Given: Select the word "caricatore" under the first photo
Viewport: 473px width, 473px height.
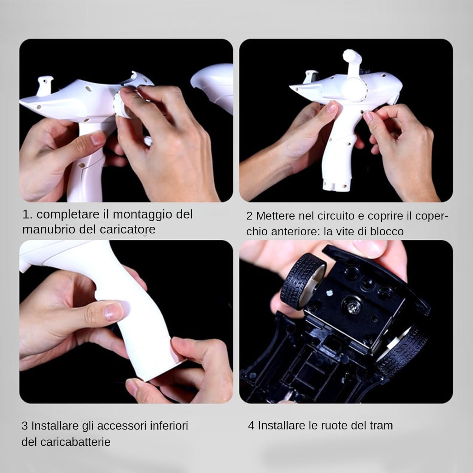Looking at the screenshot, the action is tap(128, 229).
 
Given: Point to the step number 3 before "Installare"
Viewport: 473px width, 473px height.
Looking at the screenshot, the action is tap(25, 426).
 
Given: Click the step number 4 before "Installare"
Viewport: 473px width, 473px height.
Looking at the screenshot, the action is tap(251, 426).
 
